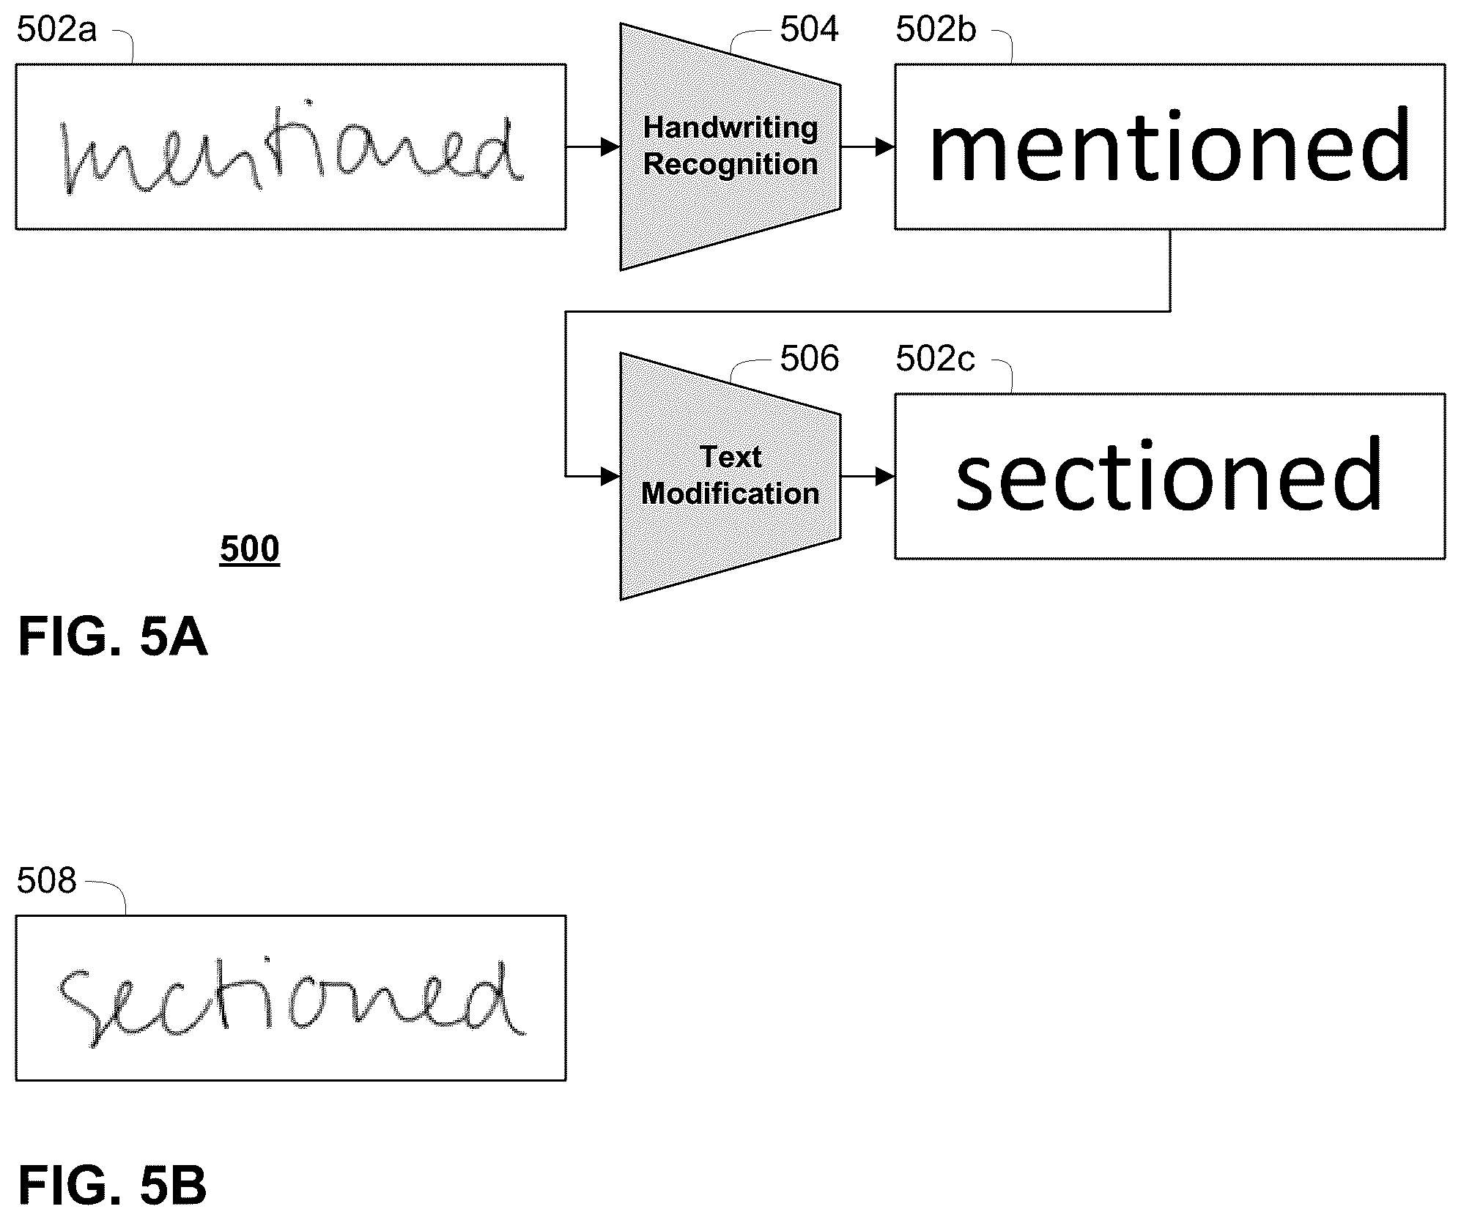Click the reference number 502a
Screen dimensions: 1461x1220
pos(56,31)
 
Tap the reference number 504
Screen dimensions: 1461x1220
pos(809,30)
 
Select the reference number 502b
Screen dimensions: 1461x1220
pos(936,31)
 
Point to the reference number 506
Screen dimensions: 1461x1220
pos(809,360)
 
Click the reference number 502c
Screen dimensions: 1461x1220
pos(935,360)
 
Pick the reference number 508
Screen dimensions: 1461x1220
pos(46,880)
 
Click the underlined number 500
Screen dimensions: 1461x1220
pos(250,548)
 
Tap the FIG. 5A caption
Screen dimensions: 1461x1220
pos(113,637)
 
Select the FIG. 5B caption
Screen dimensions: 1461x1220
pos(113,1186)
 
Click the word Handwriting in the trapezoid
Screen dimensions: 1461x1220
pos(730,128)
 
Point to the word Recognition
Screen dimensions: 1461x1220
pos(730,165)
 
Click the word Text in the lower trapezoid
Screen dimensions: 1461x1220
pos(730,457)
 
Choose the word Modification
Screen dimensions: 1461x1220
pos(730,494)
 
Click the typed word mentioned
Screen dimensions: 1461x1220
pos(1169,144)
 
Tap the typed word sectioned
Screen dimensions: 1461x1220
pos(1169,474)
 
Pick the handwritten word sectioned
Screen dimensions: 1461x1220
pos(292,1000)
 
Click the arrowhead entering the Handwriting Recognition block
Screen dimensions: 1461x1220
pos(611,146)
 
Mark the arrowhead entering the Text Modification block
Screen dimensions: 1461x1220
pos(611,476)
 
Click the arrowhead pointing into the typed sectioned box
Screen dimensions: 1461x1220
pos(885,476)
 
